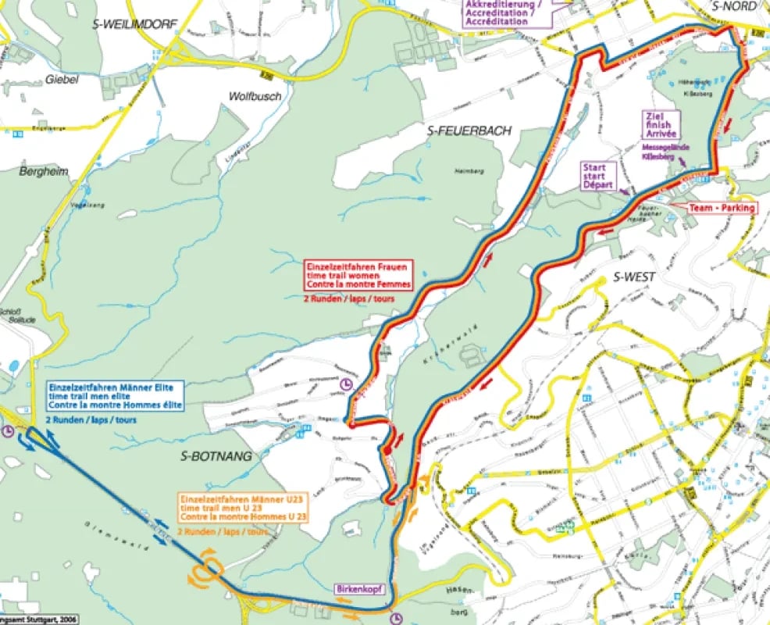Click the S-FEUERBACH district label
(469, 131)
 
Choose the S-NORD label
(735, 5)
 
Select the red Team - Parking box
(722, 208)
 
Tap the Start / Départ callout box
(600, 176)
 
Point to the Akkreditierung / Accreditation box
(506, 12)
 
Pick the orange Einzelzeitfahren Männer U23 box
(242, 508)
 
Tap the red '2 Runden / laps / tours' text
(348, 298)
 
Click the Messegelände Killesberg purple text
(658, 152)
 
